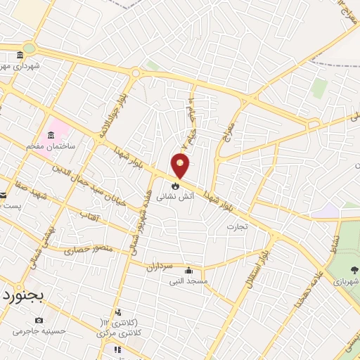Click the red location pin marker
click(181, 165)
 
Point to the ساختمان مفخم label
click(50, 147)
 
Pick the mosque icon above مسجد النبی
click(188, 270)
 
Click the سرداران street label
click(161, 266)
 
